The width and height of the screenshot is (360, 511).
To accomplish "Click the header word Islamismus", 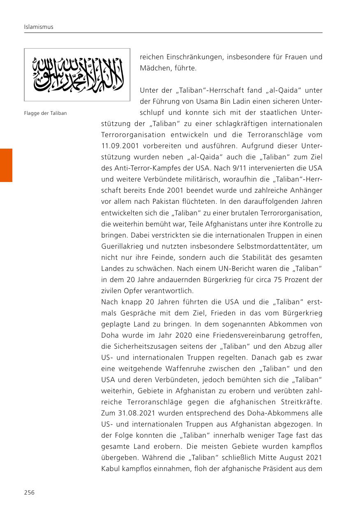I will pos(39,27).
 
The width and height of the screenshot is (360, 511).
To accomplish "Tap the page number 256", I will pos(29,492).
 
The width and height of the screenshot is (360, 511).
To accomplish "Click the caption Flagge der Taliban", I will pos(45,113).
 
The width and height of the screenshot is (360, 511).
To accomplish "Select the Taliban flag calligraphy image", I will pos(77,75).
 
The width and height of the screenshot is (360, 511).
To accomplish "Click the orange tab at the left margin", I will pos(6,165).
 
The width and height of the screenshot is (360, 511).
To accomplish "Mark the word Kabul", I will pos(111,469).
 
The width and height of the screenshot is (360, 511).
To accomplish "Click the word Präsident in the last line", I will pos(281,469).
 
